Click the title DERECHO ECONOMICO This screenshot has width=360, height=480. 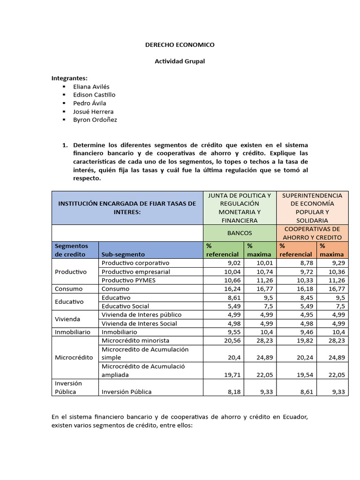180,45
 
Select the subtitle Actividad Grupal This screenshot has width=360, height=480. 180,61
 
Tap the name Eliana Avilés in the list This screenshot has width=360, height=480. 91,87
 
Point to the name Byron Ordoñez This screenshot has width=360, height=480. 95,120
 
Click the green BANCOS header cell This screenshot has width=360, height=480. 240,232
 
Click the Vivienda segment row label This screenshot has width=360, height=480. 67,319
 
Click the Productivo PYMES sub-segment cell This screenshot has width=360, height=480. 128,280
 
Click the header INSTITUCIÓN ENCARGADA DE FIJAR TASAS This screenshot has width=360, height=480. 127,207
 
